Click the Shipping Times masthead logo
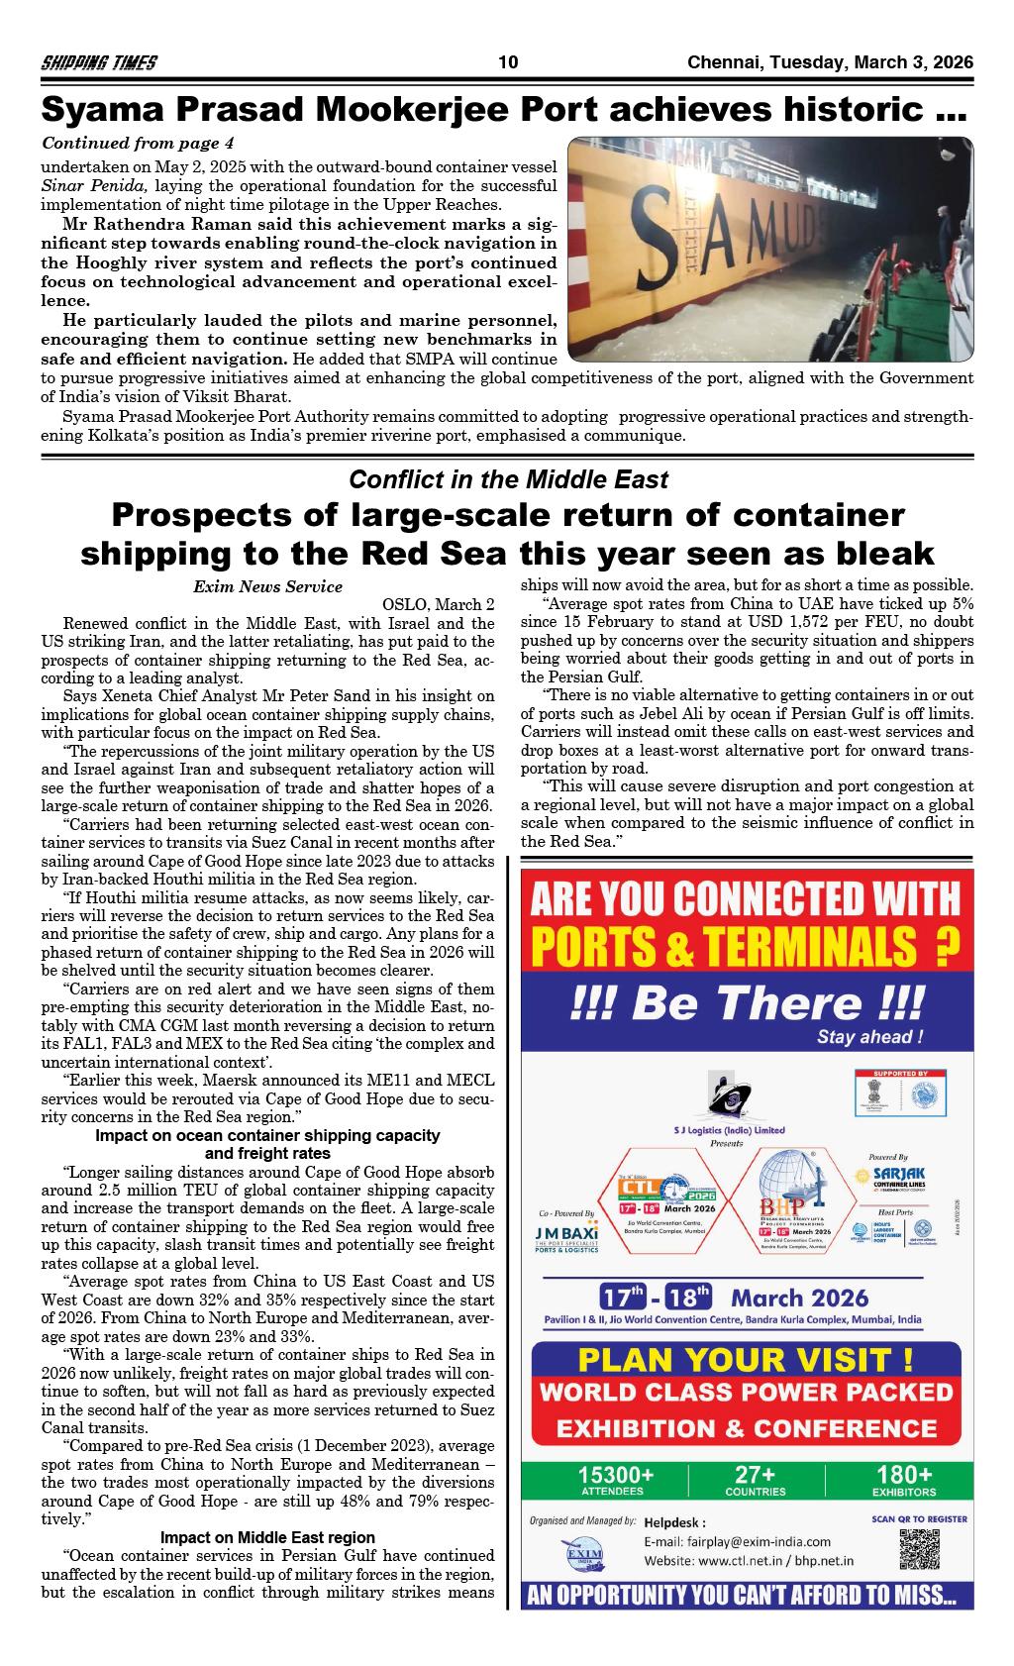(x=98, y=63)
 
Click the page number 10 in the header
(x=508, y=63)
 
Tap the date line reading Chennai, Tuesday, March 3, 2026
(x=830, y=63)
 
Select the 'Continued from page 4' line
(x=138, y=144)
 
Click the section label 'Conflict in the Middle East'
(x=508, y=480)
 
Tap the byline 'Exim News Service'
(x=267, y=586)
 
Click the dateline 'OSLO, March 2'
(x=438, y=604)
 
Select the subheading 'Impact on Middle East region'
(x=267, y=1537)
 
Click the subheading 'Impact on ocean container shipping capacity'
(x=267, y=1135)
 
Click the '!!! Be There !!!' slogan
(x=747, y=1002)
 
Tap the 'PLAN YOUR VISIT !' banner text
(x=746, y=1358)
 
